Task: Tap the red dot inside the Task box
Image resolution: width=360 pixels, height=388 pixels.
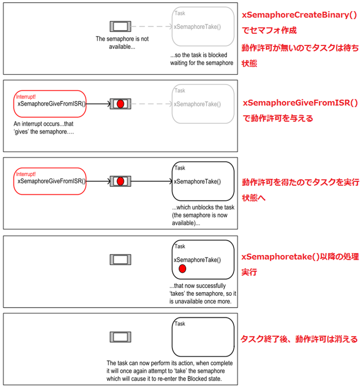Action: tap(182, 269)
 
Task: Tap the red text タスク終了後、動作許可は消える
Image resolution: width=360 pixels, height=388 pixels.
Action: tap(299, 339)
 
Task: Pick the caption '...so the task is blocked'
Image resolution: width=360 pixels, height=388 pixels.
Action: tap(202, 59)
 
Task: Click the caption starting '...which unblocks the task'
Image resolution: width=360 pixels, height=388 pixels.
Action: tap(203, 215)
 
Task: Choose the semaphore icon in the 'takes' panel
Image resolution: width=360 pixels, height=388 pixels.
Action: tap(120, 260)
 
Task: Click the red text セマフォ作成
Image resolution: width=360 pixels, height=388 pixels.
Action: tap(268, 30)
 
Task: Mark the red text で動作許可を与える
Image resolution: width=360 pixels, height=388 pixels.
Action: tap(278, 118)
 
